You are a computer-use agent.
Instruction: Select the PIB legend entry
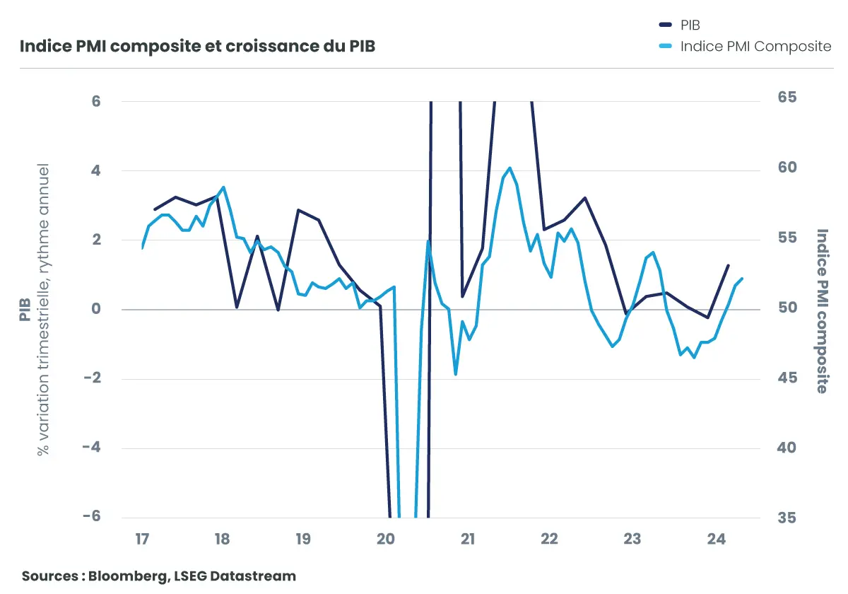689,25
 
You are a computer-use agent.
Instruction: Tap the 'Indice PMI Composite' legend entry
755,47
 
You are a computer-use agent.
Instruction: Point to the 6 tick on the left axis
96,101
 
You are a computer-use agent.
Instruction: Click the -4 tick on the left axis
92,448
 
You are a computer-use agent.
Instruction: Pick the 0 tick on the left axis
96,310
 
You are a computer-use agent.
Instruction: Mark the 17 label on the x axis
142,540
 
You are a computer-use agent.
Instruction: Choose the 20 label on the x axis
386,540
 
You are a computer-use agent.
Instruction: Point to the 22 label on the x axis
549,540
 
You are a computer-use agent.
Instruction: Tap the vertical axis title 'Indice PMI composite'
823,310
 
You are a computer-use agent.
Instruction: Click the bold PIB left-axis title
25,309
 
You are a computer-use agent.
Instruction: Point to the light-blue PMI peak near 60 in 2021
510,168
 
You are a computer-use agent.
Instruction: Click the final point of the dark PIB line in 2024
729,266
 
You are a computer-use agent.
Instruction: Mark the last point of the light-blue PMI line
743,279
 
